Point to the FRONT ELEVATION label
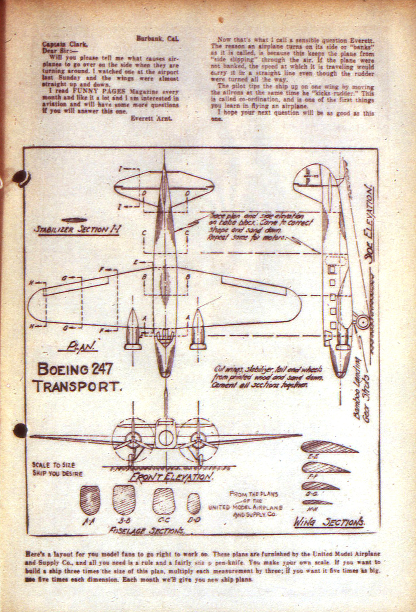click(x=171, y=477)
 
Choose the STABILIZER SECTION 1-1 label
click(x=76, y=230)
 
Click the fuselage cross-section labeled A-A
click(x=89, y=500)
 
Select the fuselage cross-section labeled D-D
click(x=194, y=503)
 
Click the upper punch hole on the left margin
click(x=20, y=177)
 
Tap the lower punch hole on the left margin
click(x=20, y=430)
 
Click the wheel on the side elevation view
click(x=362, y=321)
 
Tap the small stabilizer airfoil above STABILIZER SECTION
click(x=74, y=220)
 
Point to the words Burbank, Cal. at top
click(x=157, y=39)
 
